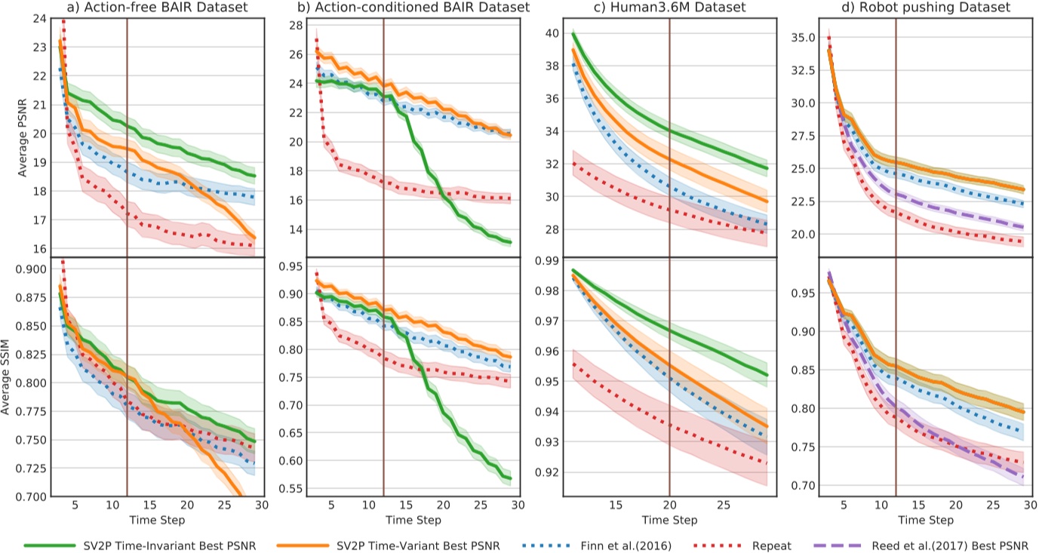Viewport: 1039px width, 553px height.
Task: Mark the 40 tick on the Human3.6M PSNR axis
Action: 551,33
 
